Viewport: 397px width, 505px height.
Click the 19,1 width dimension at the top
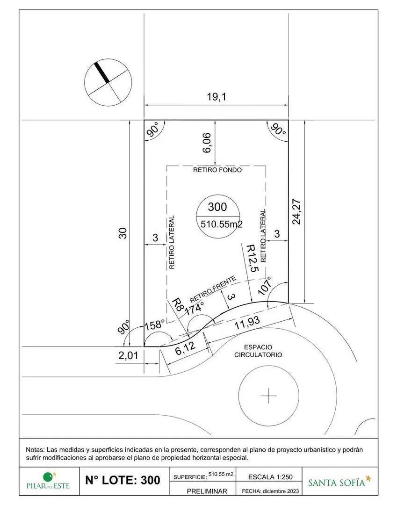pos(217,96)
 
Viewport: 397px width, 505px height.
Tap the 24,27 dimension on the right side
pos(296,212)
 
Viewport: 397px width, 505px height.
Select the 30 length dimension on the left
pos(123,233)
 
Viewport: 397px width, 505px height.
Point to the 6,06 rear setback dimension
pos(207,143)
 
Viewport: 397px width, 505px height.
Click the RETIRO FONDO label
pos(217,170)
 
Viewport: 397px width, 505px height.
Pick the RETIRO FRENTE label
pos(212,289)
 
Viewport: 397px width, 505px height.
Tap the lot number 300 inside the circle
pos(217,207)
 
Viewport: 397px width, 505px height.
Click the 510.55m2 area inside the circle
pos(221,224)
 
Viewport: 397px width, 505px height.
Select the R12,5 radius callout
pos(252,258)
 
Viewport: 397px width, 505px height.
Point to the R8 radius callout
pos(178,304)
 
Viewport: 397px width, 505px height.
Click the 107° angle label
pos(265,285)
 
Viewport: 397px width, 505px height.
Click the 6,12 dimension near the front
pos(186,348)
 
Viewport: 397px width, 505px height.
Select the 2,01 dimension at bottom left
pos(128,355)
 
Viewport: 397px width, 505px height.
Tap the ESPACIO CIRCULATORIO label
pos(258,351)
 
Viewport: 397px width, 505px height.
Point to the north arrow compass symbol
pos(108,82)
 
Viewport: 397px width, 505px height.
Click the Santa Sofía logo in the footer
pos(339,481)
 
